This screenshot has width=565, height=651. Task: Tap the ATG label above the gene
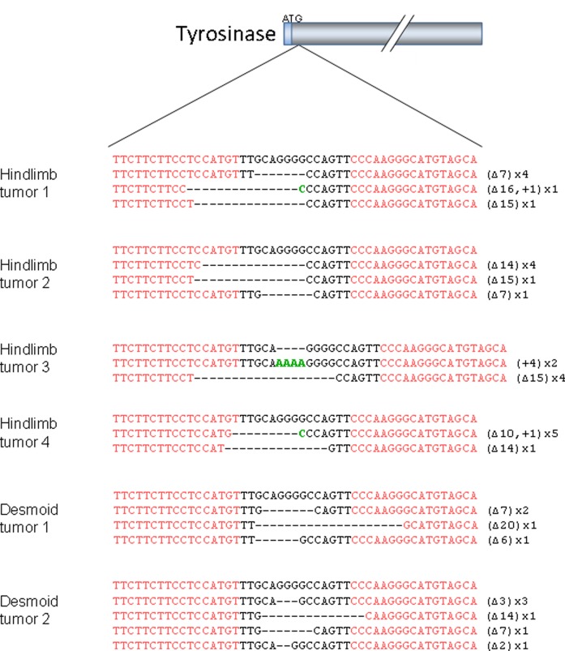pyautogui.click(x=290, y=17)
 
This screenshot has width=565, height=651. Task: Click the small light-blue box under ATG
pyautogui.click(x=288, y=33)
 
